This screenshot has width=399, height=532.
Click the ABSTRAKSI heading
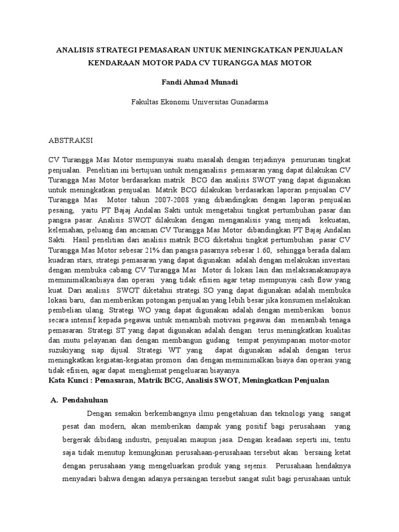click(x=71, y=140)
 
